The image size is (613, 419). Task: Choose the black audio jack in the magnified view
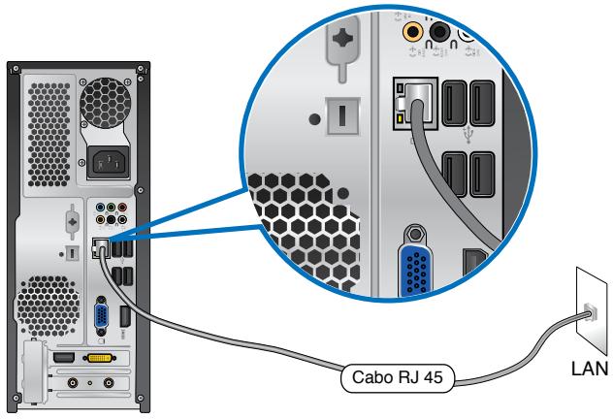pos(442,32)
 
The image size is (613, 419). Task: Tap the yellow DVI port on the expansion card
pos(100,360)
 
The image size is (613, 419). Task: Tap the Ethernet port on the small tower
pos(98,247)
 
